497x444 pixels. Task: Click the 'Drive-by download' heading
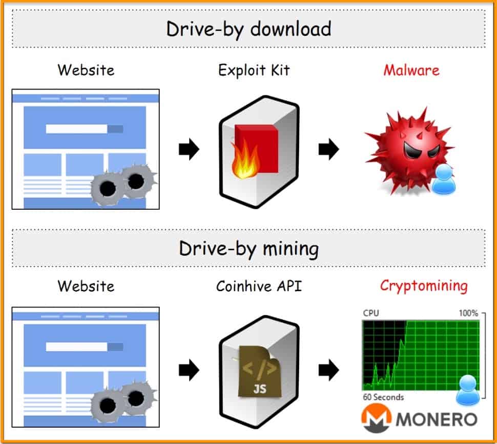pos(249,30)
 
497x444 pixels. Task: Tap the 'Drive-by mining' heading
pos(249,249)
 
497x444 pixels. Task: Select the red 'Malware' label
pos(411,70)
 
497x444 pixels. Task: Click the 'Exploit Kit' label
pos(254,70)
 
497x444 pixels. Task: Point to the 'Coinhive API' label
pos(259,286)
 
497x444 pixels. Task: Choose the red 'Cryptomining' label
pos(424,286)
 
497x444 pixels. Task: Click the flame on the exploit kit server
pos(245,160)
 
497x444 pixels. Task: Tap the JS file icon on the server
pos(260,371)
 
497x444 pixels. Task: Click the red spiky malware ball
pos(409,151)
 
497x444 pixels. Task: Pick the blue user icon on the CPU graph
pos(468,390)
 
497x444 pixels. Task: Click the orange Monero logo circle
pos(377,418)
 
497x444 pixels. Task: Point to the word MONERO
pos(437,419)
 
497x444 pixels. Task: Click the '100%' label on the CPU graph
pos(468,313)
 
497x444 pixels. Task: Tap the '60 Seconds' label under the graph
pos(384,397)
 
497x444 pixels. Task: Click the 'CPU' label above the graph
pos(371,313)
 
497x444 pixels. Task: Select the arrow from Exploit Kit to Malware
pos(329,149)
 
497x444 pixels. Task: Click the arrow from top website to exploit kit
pos(189,149)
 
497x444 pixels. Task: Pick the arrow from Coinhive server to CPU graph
pos(329,370)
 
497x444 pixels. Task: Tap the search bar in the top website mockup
pos(85,129)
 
